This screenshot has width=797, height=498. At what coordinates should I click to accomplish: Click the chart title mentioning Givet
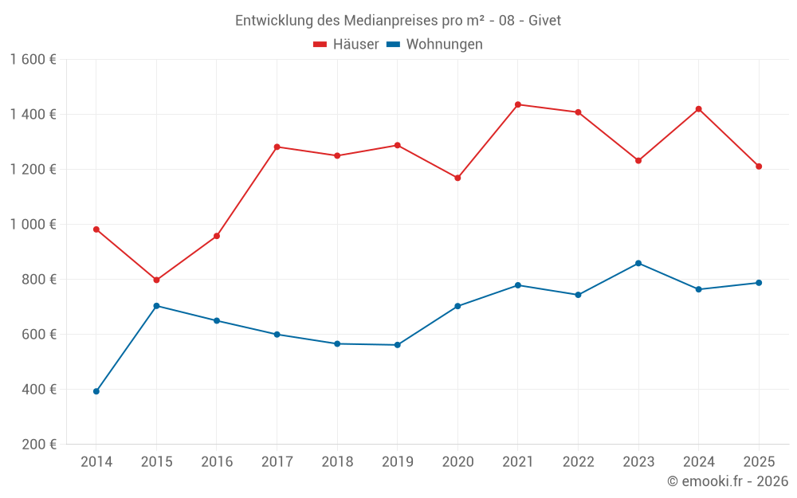point(398,20)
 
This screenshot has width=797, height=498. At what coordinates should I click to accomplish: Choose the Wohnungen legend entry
point(435,45)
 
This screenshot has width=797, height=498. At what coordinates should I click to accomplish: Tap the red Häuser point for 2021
point(518,104)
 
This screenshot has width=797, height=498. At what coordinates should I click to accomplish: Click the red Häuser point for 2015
point(156,280)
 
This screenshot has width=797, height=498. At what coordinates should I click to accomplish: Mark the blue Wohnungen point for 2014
point(96,391)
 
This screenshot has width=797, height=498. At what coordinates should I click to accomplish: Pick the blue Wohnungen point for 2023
point(638,263)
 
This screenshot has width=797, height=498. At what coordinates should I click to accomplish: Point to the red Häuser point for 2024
point(699,109)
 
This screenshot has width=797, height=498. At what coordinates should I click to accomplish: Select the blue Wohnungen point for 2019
point(397,345)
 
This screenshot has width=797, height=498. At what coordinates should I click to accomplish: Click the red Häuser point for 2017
point(277,147)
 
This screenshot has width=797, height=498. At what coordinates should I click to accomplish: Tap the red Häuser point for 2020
point(457,178)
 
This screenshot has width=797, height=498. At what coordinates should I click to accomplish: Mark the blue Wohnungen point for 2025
point(759,283)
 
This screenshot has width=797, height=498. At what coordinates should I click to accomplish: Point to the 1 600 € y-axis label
point(33,60)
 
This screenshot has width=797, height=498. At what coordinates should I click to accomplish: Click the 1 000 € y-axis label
point(33,225)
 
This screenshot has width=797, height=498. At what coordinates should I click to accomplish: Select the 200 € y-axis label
point(38,445)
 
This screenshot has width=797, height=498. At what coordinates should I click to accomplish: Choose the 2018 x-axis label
point(337,461)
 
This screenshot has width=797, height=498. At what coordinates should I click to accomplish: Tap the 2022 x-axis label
point(578,461)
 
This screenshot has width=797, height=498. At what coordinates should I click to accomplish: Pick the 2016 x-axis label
point(217,461)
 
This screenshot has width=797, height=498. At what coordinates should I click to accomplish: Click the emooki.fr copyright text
point(727,481)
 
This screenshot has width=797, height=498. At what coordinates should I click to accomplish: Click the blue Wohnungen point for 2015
point(156,306)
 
